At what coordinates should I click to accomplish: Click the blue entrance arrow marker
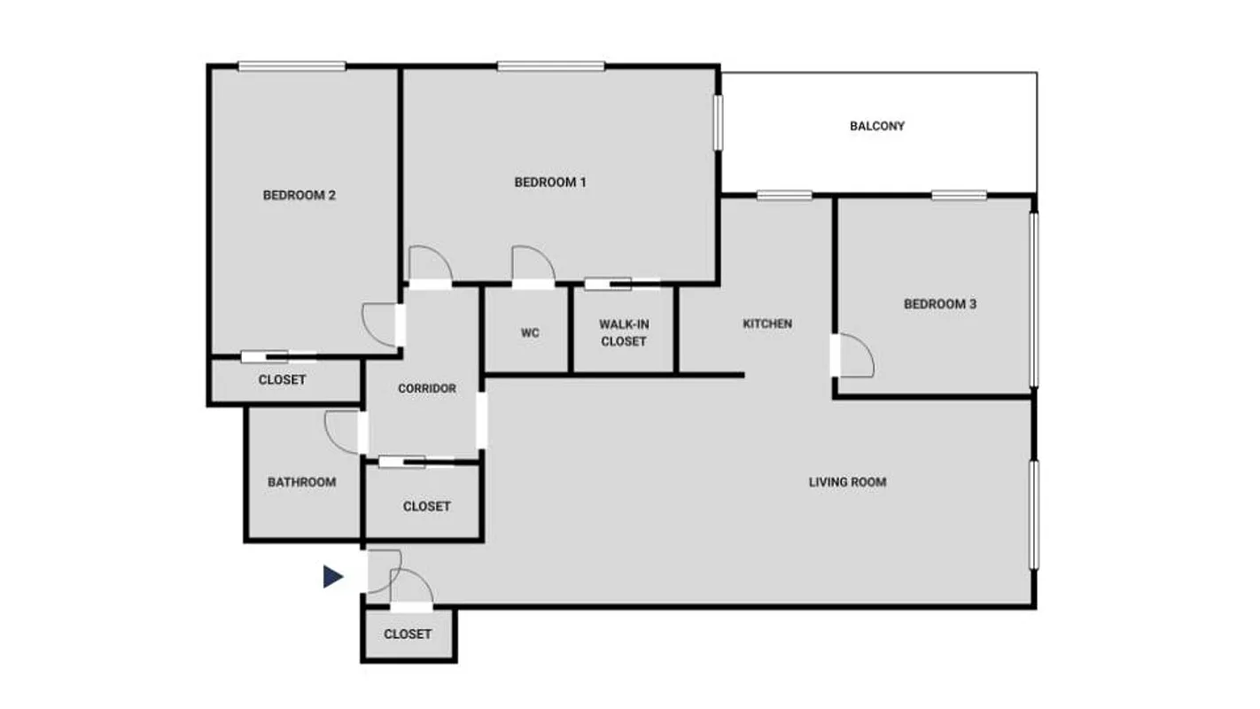(332, 577)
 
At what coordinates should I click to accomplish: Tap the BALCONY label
(877, 126)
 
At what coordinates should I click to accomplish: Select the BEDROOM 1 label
(550, 183)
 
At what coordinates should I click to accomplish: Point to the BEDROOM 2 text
(299, 195)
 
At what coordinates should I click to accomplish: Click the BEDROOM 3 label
(939, 304)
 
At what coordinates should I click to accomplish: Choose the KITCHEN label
(767, 323)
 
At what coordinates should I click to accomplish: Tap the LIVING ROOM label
(847, 482)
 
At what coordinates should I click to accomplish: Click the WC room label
(530, 333)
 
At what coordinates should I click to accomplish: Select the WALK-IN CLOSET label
(623, 333)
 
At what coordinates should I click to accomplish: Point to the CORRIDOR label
(426, 388)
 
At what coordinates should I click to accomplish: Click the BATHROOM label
(301, 482)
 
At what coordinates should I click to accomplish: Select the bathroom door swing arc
(341, 431)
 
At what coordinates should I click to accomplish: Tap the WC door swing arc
(533, 264)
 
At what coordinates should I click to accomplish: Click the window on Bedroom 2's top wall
(292, 66)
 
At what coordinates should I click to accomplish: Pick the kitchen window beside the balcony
(784, 196)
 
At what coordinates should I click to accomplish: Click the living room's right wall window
(1033, 514)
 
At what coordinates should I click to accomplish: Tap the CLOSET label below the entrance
(408, 634)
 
